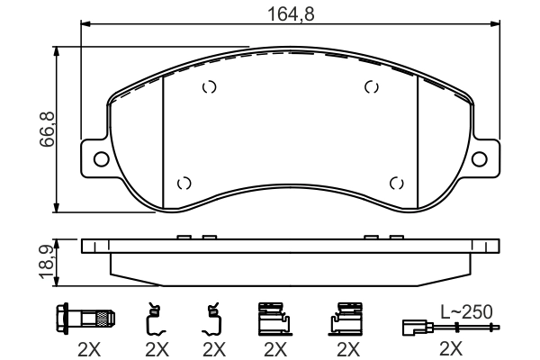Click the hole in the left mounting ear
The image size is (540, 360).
[x=101, y=159]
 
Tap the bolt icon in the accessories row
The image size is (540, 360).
[x=86, y=319]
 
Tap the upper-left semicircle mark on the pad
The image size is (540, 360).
[x=209, y=87]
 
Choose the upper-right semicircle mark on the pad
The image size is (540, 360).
[x=370, y=87]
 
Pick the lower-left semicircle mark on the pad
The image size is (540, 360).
[x=184, y=183]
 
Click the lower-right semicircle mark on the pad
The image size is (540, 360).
[x=395, y=183]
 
